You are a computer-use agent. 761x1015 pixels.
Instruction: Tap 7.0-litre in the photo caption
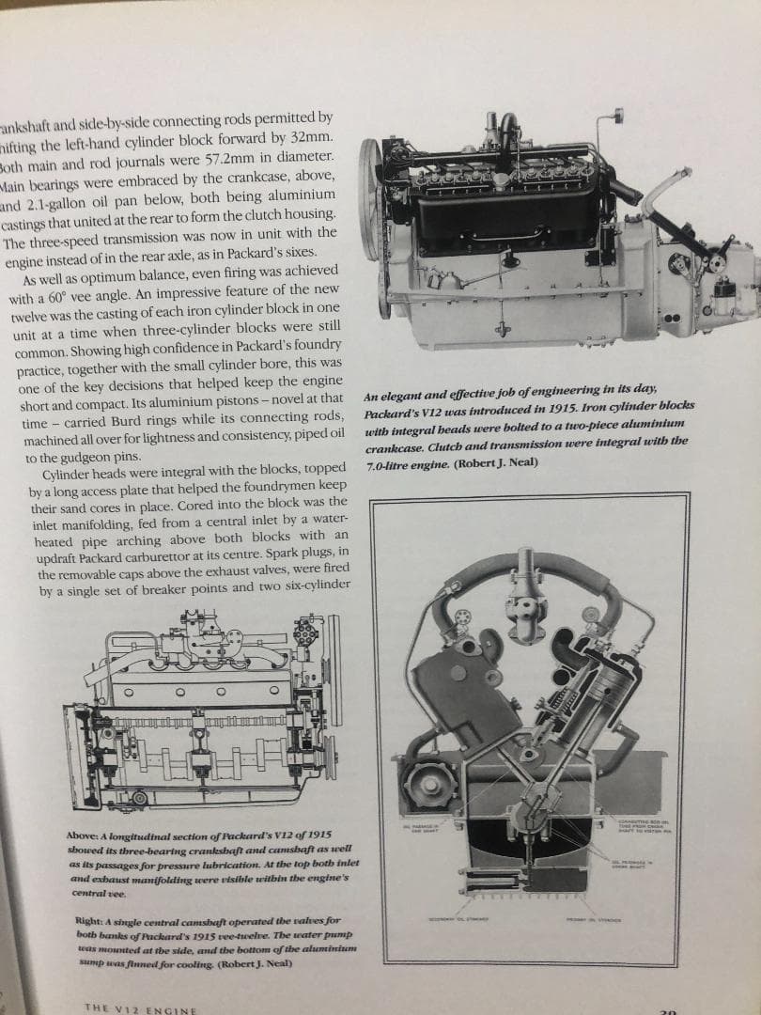(392, 464)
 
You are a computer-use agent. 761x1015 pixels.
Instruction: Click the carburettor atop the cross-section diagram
(524, 597)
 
